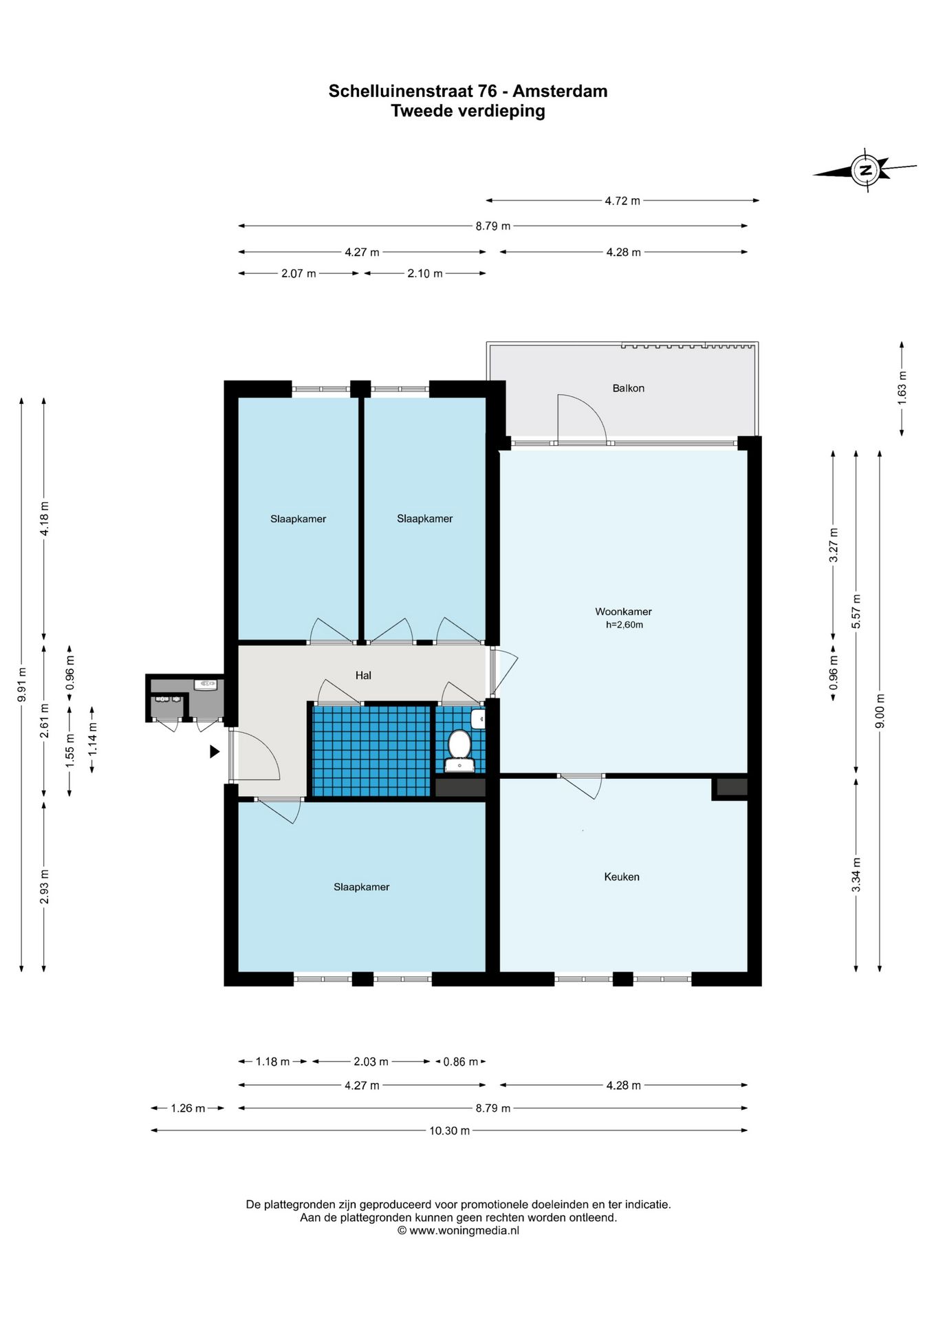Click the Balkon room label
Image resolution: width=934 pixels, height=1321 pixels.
(x=628, y=388)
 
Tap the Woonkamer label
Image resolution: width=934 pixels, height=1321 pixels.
(x=623, y=612)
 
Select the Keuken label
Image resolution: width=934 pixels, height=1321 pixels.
(x=622, y=877)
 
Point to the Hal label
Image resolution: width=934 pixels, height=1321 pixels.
(x=363, y=676)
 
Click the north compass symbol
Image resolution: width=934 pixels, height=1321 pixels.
(x=865, y=170)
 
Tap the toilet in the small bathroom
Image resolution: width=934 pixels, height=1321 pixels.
(x=459, y=751)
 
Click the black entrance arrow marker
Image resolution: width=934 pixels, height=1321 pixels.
(x=215, y=752)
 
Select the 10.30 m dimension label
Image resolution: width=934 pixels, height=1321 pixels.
(x=450, y=1130)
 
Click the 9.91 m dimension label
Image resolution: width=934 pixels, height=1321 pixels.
(x=22, y=685)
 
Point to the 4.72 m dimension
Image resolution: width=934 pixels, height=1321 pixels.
(x=622, y=201)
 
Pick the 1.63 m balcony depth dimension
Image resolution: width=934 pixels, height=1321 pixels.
(x=902, y=388)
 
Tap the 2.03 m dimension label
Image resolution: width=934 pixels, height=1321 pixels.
(x=371, y=1062)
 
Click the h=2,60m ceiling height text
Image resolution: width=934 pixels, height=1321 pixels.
(x=625, y=625)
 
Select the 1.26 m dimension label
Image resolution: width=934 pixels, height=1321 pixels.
(x=188, y=1108)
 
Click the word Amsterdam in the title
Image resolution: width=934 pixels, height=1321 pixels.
(x=560, y=91)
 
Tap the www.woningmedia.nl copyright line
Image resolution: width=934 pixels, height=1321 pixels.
(x=458, y=1231)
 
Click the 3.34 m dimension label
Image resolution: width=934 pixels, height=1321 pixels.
(x=856, y=874)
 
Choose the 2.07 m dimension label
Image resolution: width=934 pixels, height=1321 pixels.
(x=298, y=274)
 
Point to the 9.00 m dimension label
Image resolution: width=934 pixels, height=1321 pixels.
(x=880, y=711)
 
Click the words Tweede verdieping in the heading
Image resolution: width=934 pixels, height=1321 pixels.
(x=468, y=111)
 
